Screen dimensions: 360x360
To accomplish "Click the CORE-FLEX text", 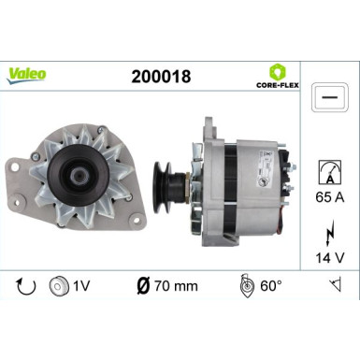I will tap(279, 86).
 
